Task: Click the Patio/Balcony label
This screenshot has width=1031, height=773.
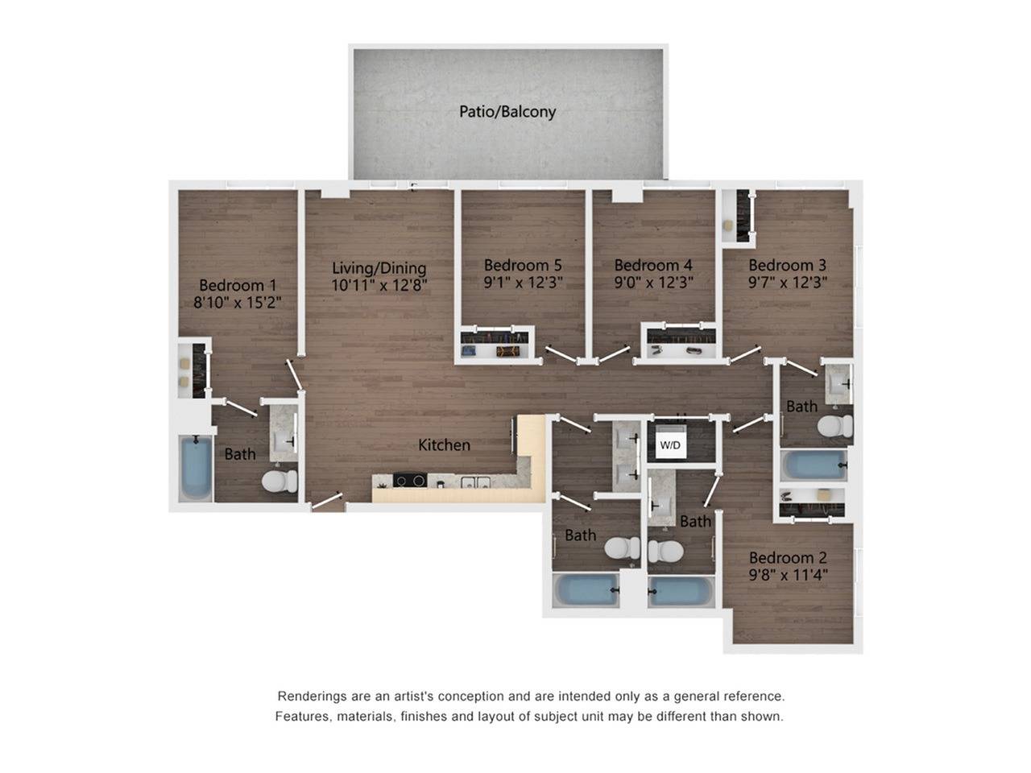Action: pyautogui.click(x=507, y=111)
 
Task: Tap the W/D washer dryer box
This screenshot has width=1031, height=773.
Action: pyautogui.click(x=670, y=444)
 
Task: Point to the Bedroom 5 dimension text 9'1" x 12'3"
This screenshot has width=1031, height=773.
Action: pyautogui.click(x=523, y=283)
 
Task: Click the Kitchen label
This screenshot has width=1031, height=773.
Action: pyautogui.click(x=444, y=444)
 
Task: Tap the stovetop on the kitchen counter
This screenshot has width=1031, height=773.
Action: pyautogui.click(x=409, y=482)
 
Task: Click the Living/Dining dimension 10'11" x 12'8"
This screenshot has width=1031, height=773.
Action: pyautogui.click(x=379, y=285)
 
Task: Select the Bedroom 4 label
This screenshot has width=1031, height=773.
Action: pyautogui.click(x=653, y=265)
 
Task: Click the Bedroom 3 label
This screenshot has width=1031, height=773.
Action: pyautogui.click(x=787, y=265)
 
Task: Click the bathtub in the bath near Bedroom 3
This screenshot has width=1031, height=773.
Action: pyautogui.click(x=814, y=465)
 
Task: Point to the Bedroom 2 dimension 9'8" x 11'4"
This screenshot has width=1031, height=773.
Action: pyautogui.click(x=788, y=575)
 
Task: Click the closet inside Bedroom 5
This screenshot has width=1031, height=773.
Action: pyautogui.click(x=497, y=344)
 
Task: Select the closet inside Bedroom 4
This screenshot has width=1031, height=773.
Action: pyautogui.click(x=681, y=343)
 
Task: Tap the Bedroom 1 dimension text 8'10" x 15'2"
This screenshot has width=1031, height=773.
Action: pyautogui.click(x=237, y=303)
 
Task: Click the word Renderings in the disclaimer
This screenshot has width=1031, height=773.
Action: pyautogui.click(x=312, y=696)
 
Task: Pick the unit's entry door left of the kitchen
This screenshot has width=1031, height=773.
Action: pyautogui.click(x=327, y=502)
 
